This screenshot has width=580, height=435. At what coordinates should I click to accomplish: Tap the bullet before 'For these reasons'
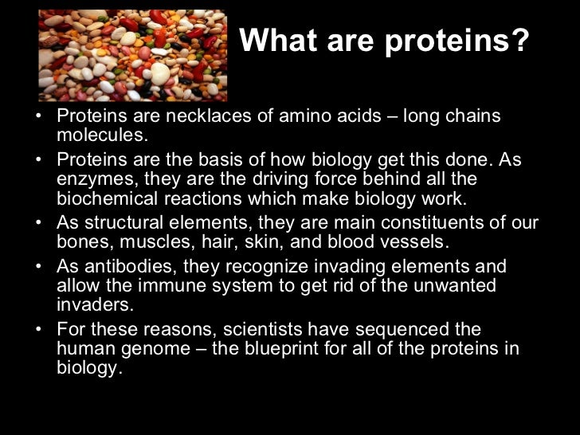(x=41, y=329)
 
